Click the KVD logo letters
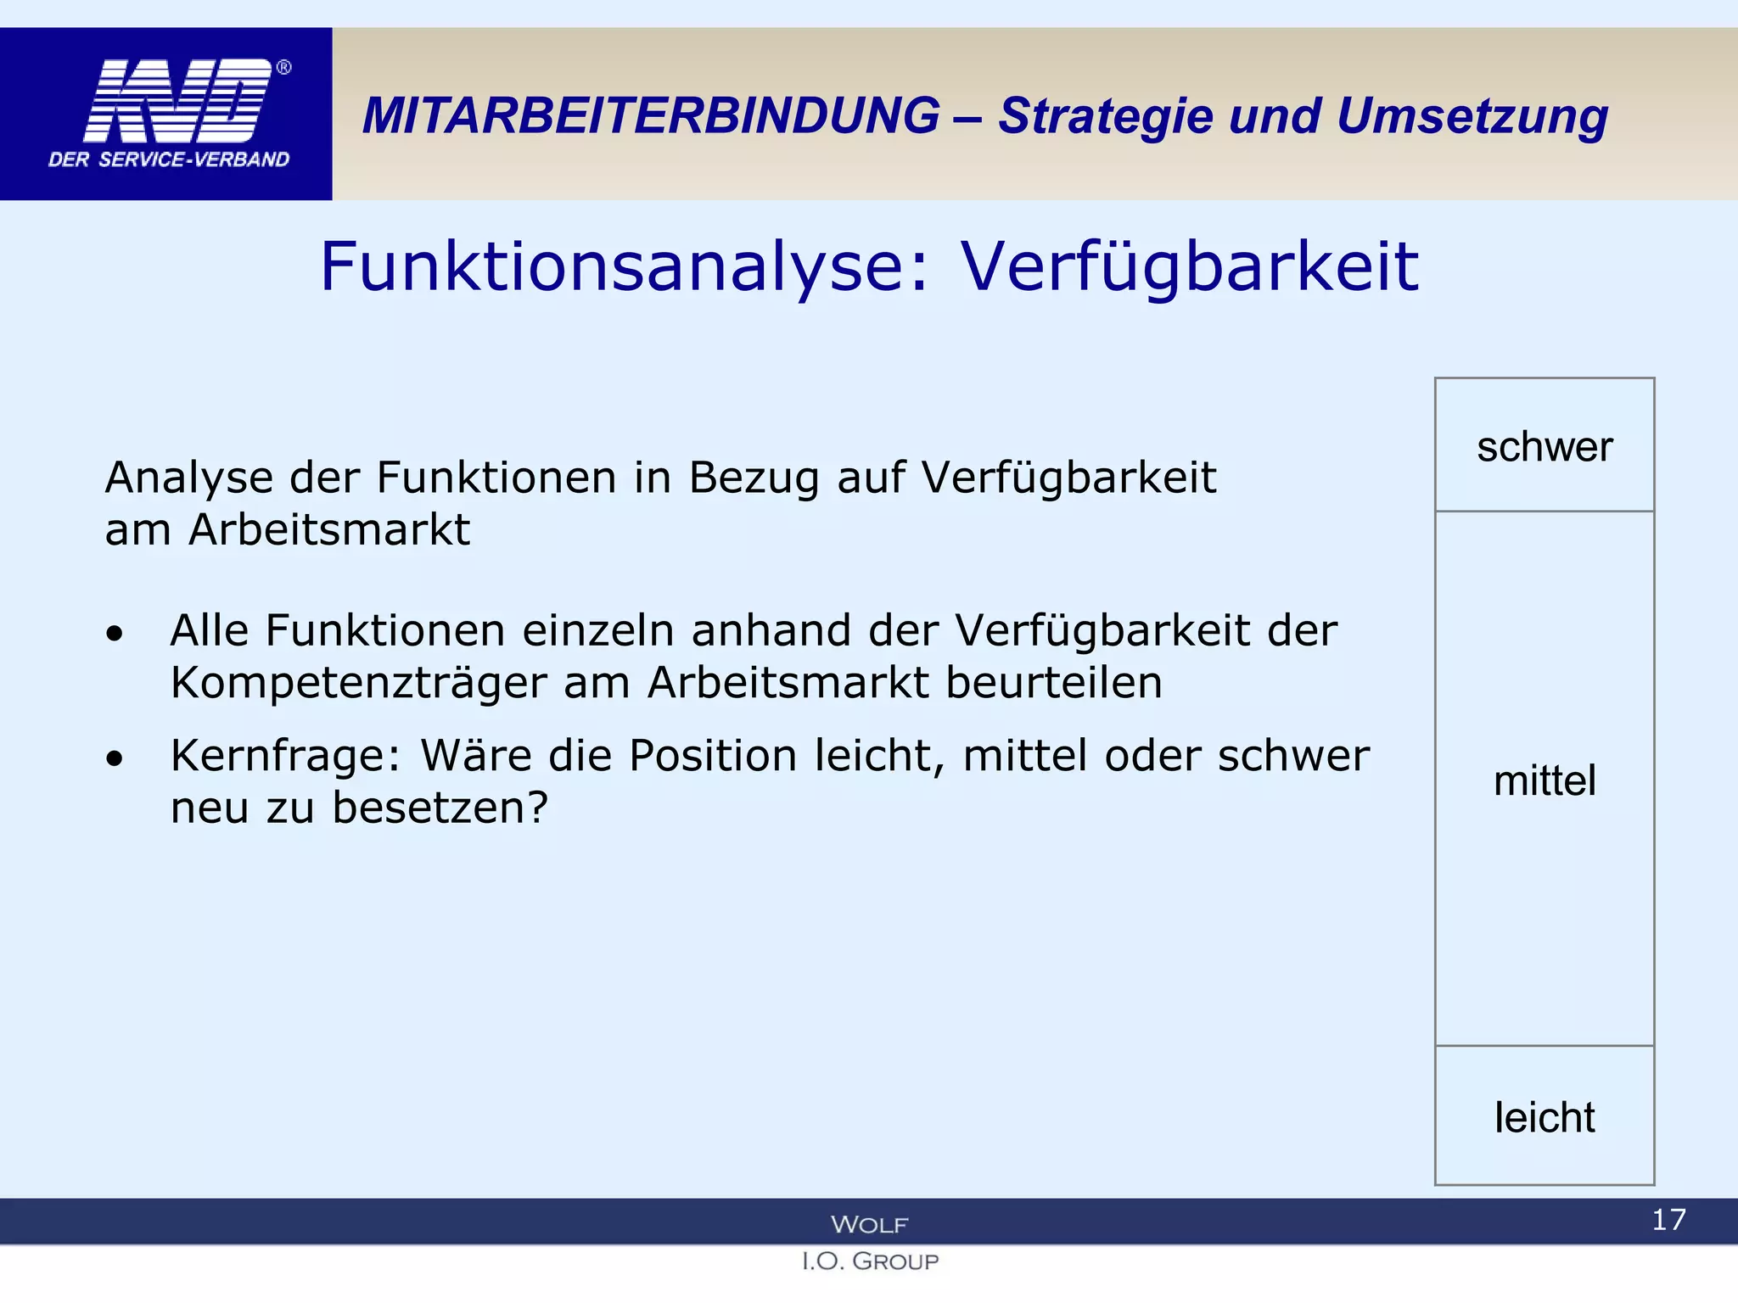pos(177,101)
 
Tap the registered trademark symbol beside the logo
pos(284,67)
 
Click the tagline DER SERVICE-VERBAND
pos(169,159)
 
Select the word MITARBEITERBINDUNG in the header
pos(651,116)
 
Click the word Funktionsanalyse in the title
pos(624,267)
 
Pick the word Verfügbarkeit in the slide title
pos(1189,267)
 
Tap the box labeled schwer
pos(1544,445)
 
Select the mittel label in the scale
pos(1544,780)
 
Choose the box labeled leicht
pos(1544,1116)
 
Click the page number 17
pos(1668,1220)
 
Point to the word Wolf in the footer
pos(869,1224)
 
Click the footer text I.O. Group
pos(870,1261)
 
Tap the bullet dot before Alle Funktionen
pos(115,634)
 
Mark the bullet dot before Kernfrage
pos(115,758)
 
